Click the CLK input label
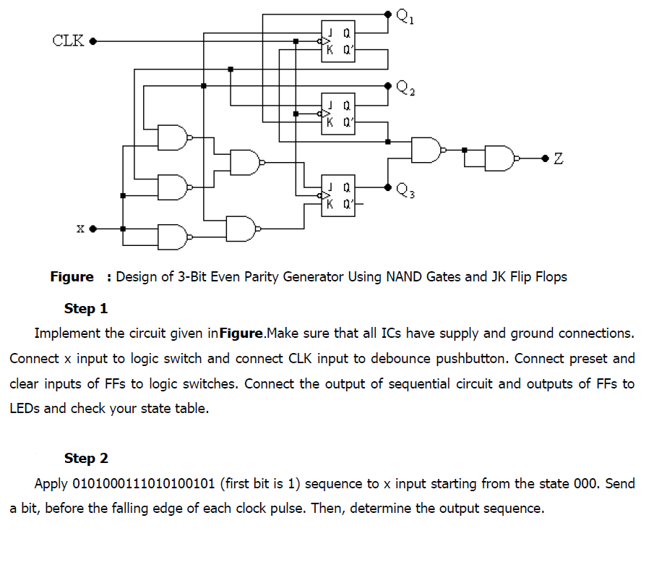[x=69, y=40]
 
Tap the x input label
[x=80, y=229]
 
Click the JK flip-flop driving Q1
[x=338, y=41]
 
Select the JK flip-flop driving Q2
[x=338, y=114]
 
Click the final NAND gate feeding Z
[x=501, y=158]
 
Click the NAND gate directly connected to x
[x=173, y=235]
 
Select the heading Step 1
[x=86, y=309]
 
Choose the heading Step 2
[x=86, y=458]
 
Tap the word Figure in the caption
[x=72, y=276]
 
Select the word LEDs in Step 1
[x=25, y=408]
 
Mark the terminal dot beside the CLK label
[x=92, y=41]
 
